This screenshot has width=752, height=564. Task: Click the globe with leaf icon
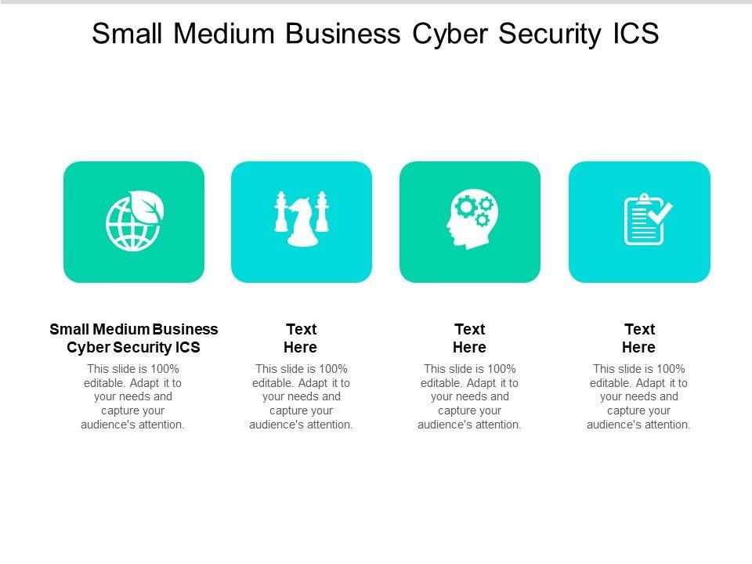tap(133, 221)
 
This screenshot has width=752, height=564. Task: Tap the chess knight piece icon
tap(302, 224)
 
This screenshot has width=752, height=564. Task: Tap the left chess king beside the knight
tap(281, 213)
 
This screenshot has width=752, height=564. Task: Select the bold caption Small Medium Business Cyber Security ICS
tap(133, 338)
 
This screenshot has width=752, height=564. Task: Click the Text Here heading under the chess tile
tap(301, 338)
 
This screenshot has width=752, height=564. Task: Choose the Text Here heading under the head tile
tap(470, 338)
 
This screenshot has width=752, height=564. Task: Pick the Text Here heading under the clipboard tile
tap(639, 338)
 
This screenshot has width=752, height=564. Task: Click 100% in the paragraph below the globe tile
tap(165, 369)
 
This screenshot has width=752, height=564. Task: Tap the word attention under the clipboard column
tap(667, 425)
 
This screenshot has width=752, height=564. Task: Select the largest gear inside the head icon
tap(466, 207)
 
